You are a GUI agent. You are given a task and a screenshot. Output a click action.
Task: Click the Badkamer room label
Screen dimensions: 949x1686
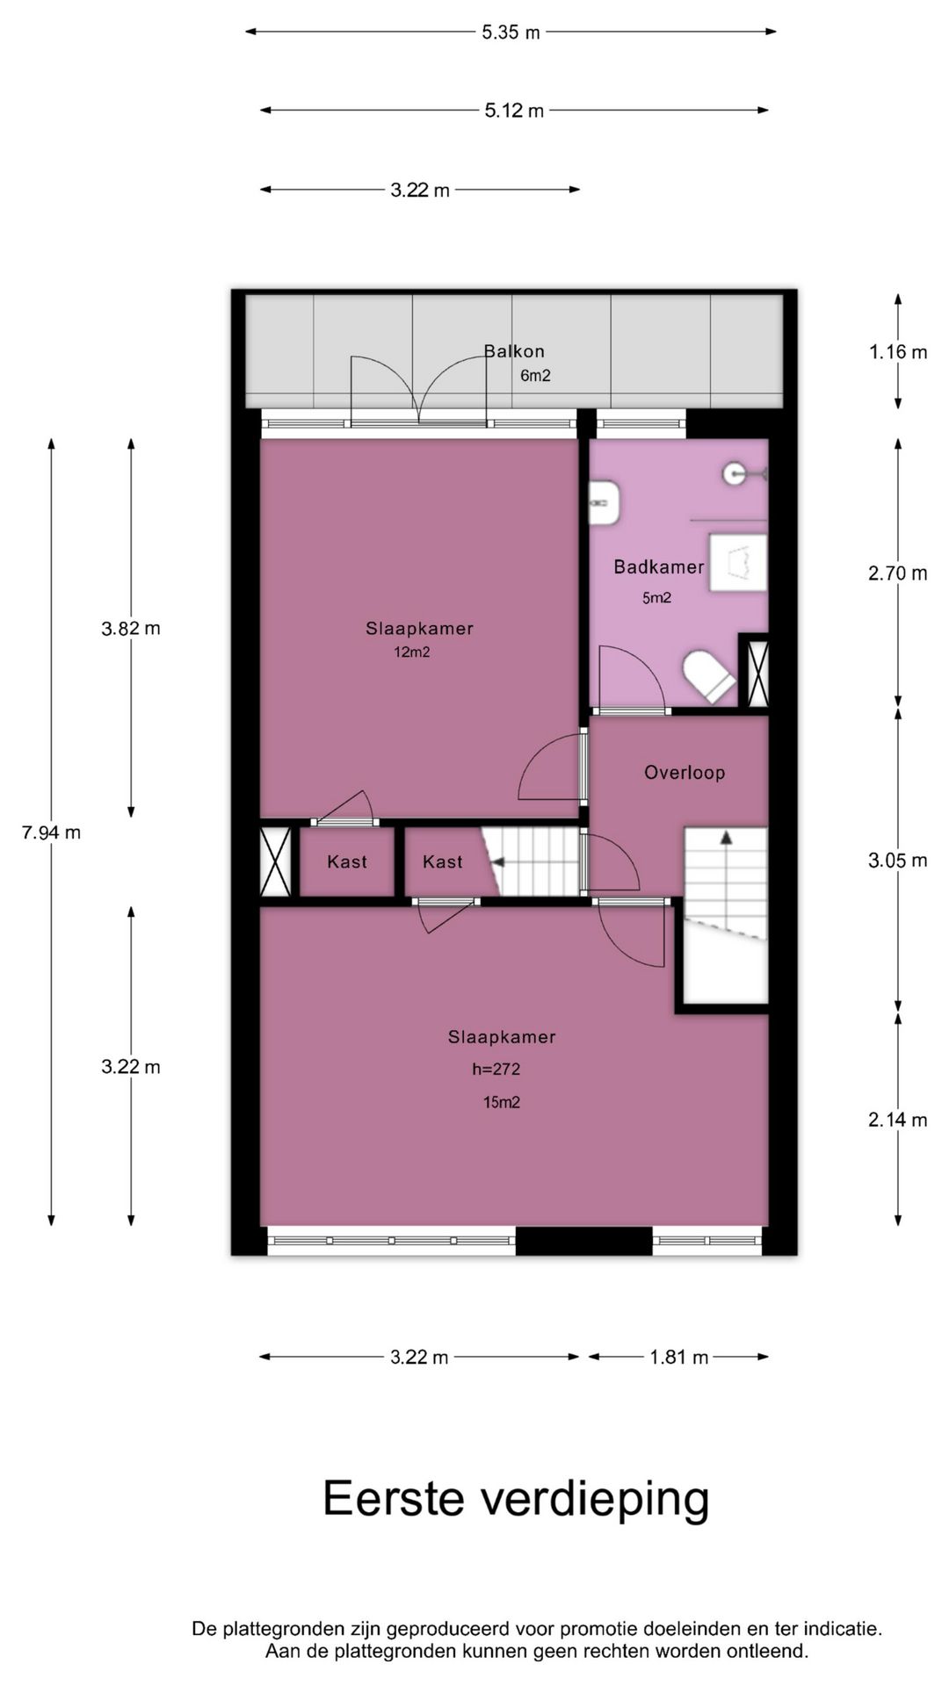coord(658,567)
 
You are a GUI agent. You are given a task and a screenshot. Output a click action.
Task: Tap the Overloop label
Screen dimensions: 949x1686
coord(685,773)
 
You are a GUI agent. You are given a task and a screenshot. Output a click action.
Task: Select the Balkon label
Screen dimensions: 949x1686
coord(514,351)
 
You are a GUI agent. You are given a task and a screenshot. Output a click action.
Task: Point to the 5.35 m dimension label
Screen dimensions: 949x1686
coord(511,33)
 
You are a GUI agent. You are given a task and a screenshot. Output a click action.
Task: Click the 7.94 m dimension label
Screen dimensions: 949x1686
coord(51,832)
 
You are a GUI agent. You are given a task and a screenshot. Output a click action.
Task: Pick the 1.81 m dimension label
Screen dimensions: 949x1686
coord(678,1358)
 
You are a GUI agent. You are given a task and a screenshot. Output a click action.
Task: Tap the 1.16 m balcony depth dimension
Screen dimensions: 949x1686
coord(898,352)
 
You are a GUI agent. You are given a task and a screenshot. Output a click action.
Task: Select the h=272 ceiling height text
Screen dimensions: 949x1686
coord(496,1070)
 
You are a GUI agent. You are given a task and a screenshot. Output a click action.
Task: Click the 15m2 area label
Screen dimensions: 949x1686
coord(501,1103)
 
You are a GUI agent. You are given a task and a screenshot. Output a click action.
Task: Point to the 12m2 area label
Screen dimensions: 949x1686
coord(412,652)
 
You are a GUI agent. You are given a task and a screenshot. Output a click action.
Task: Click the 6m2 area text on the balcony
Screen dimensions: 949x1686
coord(535,377)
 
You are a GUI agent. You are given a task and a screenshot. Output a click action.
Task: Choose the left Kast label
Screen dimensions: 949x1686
coord(347,862)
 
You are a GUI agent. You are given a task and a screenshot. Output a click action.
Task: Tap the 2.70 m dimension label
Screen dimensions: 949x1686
coord(898,573)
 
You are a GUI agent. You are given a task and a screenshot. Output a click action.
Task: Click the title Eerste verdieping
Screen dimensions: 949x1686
coord(516,1499)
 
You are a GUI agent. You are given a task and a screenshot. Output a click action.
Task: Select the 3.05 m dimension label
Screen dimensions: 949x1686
coord(898,861)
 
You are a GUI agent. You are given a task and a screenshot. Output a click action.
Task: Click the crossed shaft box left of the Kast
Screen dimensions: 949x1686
coord(276,862)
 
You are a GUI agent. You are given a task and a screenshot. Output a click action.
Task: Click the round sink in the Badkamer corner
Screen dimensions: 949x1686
coord(736,474)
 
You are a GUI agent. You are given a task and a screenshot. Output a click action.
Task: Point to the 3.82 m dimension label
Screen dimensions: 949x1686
coord(131,629)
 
